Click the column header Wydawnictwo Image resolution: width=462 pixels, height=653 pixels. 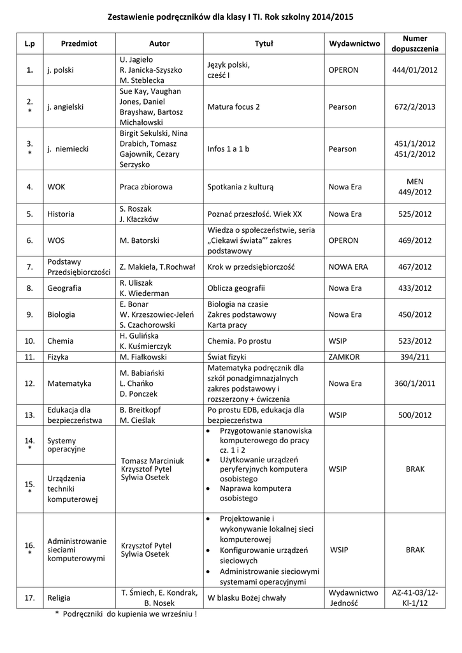pos(354,43)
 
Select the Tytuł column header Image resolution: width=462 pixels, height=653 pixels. pos(264,43)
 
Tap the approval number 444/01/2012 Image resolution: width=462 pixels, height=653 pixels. pos(414,70)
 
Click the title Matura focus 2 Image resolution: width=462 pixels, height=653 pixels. pos(234,106)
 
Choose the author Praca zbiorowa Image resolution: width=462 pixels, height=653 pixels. pos(147,187)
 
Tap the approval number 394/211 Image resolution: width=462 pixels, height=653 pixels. pos(414,357)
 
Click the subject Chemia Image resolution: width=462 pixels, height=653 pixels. pos(61,341)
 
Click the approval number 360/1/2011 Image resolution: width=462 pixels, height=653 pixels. pos(414,384)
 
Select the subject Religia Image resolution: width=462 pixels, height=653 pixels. pos(59,598)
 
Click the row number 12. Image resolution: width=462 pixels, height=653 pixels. pos(29,384)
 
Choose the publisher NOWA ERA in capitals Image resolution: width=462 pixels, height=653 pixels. pos(349,267)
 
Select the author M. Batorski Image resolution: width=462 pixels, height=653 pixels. pos(140,240)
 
